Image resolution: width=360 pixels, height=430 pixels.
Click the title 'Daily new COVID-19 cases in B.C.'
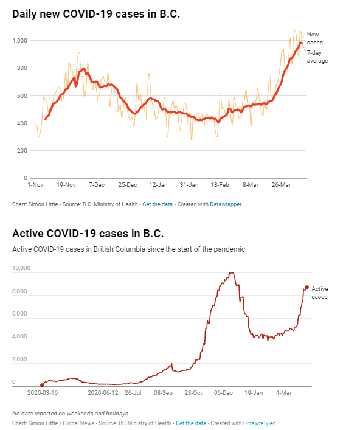[96, 14]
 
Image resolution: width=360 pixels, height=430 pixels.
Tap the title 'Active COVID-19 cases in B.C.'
[88, 234]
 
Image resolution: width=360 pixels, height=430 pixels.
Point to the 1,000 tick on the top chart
[20, 41]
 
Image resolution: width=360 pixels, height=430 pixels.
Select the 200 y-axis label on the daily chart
[22, 151]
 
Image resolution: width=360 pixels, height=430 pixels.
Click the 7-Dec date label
[97, 185]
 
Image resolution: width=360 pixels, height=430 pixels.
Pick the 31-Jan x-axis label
[189, 185]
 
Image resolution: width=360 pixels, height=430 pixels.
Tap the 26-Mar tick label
[281, 185]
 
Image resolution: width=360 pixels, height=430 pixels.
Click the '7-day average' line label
[317, 57]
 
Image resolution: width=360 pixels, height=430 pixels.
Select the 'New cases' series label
[315, 38]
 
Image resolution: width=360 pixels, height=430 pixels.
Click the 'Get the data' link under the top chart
[157, 204]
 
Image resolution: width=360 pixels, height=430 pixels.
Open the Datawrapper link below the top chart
[226, 204]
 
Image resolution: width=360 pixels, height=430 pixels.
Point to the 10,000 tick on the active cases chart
[21, 268]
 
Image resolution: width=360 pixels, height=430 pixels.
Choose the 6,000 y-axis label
[19, 313]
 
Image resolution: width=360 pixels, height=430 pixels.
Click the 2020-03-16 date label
[43, 393]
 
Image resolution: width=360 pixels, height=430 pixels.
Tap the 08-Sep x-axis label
[163, 393]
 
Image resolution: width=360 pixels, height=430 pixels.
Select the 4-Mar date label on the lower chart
[284, 393]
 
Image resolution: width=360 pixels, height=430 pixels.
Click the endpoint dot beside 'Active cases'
[307, 287]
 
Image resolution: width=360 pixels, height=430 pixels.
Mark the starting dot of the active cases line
[42, 385]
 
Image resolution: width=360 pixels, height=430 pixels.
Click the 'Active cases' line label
[320, 293]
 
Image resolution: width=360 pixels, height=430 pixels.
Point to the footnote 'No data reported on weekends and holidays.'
[71, 413]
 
